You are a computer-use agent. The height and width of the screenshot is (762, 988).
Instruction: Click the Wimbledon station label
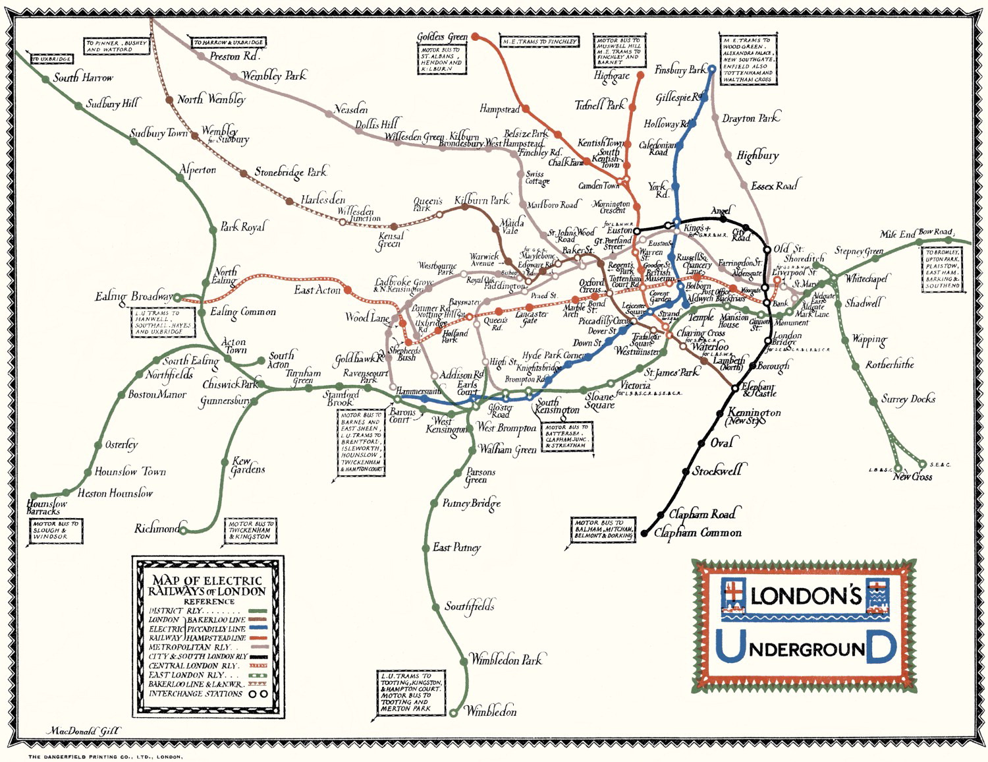[491, 711]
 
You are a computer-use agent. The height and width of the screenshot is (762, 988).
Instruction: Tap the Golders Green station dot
[476, 37]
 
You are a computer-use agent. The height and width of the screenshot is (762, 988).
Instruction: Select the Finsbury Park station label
[680, 70]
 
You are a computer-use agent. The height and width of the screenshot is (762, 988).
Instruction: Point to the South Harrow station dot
[45, 79]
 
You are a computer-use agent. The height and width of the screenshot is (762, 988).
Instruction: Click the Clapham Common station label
[698, 533]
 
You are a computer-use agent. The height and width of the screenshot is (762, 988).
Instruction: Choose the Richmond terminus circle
[184, 529]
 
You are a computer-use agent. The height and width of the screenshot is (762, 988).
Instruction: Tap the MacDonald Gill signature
[83, 731]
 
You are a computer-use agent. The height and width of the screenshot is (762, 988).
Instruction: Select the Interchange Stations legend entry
[207, 693]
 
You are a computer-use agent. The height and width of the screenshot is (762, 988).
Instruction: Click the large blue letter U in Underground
[729, 647]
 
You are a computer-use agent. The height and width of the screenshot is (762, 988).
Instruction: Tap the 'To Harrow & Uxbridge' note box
[229, 43]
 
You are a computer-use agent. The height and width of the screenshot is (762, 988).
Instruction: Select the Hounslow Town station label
[130, 472]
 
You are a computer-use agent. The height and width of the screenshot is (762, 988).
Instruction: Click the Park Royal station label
[242, 227]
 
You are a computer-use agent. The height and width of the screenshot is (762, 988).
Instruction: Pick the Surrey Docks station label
[908, 399]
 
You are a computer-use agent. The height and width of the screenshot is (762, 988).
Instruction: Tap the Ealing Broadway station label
[133, 297]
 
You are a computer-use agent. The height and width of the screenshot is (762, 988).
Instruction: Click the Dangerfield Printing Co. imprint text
[105, 757]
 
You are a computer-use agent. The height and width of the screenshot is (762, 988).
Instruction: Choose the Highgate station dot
[640, 76]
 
